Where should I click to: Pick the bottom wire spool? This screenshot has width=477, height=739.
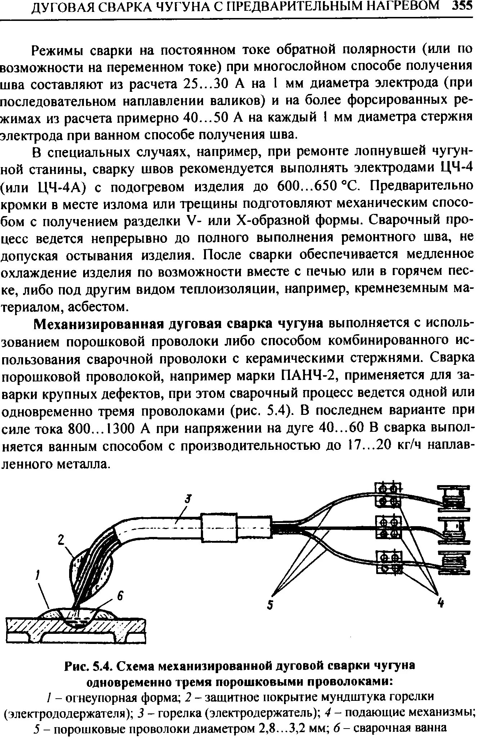454,564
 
